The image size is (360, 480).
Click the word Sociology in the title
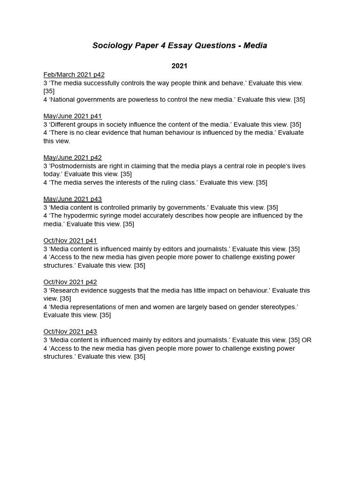pyautogui.click(x=111, y=45)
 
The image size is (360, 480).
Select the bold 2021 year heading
pyautogui.click(x=180, y=66)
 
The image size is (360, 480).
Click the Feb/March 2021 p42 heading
pyautogui.click(x=74, y=75)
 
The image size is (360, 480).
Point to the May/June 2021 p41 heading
pyautogui.click(x=73, y=116)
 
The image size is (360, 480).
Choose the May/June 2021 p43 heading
pyautogui.click(x=73, y=199)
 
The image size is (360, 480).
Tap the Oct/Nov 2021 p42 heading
pyautogui.click(x=70, y=282)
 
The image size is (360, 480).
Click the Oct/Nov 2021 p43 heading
pyautogui.click(x=70, y=332)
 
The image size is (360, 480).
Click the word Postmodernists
pyautogui.click(x=74, y=166)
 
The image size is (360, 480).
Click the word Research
pyautogui.click(x=65, y=291)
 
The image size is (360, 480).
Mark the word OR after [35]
pyautogui.click(x=307, y=340)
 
